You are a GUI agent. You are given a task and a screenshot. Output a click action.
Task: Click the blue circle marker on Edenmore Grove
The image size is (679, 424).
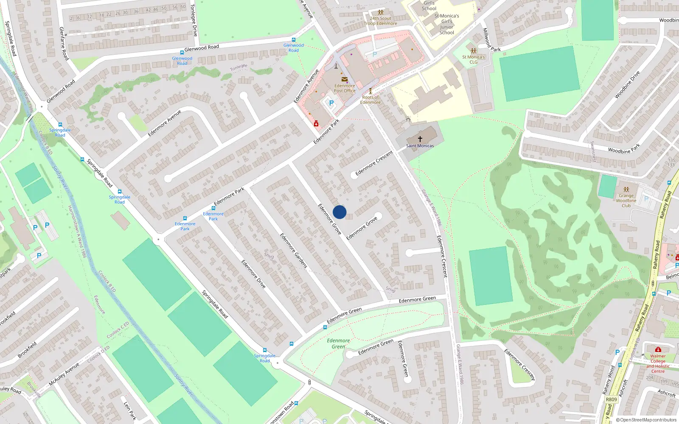pyautogui.click(x=339, y=212)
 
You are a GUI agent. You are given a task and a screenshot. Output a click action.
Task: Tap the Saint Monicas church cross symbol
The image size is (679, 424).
pyautogui.click(x=420, y=139)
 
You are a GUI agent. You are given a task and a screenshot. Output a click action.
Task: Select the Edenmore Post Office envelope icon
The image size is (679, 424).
pyautogui.click(x=344, y=79)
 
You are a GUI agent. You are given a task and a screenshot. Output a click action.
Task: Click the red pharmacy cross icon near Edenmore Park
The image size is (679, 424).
pyautogui.click(x=316, y=123)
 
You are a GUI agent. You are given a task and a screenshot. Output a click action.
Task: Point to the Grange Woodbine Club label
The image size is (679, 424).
pyautogui.click(x=626, y=201)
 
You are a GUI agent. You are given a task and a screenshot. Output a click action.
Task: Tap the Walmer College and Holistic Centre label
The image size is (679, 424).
pyautogui.click(x=658, y=364)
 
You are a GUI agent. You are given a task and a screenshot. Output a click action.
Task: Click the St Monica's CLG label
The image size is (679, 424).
pyautogui.click(x=473, y=59)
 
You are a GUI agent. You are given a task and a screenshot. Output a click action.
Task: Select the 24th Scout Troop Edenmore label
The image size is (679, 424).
pyautogui.click(x=381, y=21)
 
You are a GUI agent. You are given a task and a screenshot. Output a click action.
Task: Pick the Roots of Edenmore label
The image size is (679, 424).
pyautogui.click(x=370, y=100)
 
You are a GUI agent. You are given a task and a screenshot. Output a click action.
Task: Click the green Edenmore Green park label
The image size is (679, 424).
pyautogui.click(x=338, y=343)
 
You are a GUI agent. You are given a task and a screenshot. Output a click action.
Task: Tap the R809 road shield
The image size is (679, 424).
pyautogui.click(x=611, y=399)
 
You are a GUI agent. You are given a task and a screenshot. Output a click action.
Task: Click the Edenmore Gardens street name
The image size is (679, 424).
pyautogui.click(x=293, y=250)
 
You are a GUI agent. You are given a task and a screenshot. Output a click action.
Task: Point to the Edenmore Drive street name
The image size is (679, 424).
pyautogui.click(x=253, y=274)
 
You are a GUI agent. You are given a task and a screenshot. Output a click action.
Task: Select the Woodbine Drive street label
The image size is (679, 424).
pyautogui.click(x=627, y=85)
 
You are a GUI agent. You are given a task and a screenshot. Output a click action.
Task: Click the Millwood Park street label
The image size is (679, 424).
pyautogui.click(x=491, y=41)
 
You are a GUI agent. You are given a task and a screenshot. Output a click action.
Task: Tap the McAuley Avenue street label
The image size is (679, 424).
pyautogui.click(x=64, y=374)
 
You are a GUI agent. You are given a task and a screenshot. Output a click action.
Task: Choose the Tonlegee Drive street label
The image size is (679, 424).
pyautogui.click(x=194, y=20)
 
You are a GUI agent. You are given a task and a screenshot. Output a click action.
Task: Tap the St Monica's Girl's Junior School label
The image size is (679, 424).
pyautogui.click(x=446, y=24)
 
